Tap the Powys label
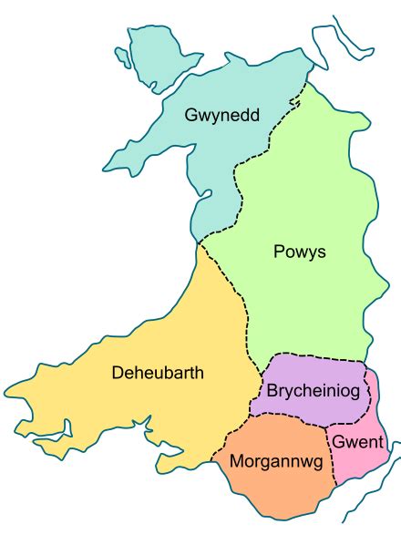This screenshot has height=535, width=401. [x=300, y=251]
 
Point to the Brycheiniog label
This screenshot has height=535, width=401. [x=316, y=391]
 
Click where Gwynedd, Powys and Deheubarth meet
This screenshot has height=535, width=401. [x=198, y=242]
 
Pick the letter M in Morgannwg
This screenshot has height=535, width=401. [x=236, y=462]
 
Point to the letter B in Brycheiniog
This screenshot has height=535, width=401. [x=273, y=391]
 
